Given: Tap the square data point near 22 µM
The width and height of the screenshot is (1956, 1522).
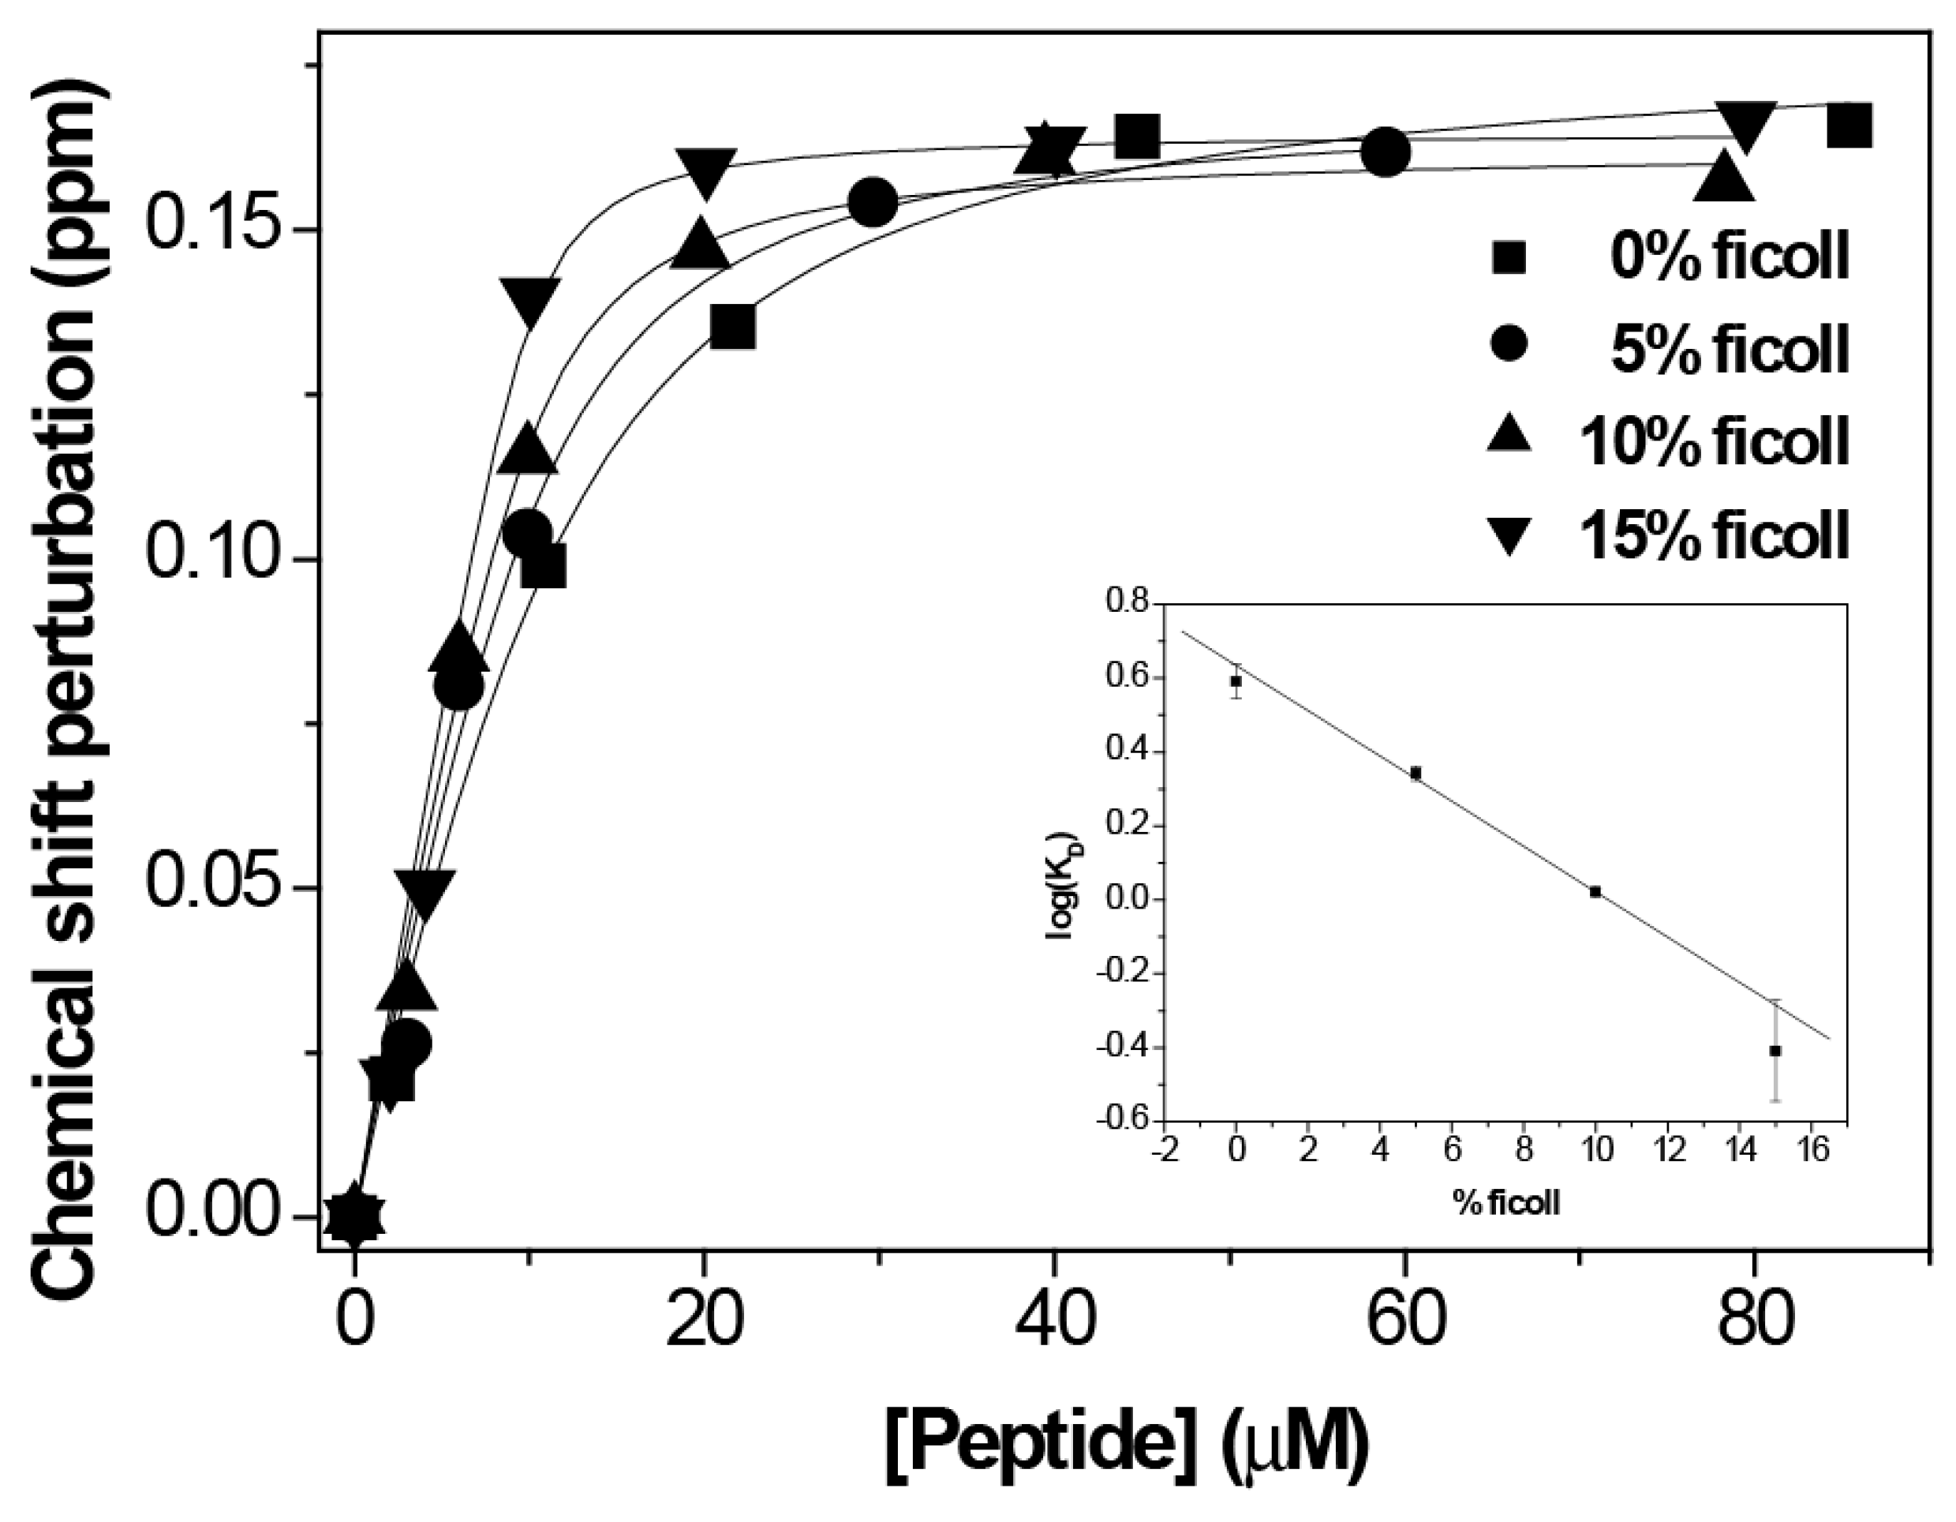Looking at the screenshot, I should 732,328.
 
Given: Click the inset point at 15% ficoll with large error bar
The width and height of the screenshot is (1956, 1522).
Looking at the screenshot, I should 1775,1051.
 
